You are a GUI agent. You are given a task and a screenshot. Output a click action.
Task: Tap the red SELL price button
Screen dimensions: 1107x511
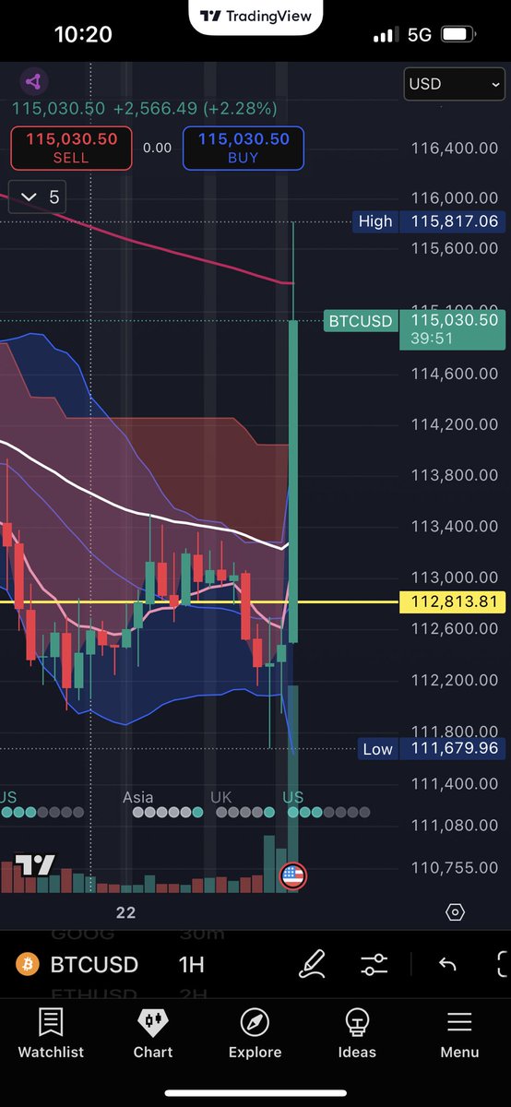(71, 148)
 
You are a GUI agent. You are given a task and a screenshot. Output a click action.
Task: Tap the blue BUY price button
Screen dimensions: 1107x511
(244, 148)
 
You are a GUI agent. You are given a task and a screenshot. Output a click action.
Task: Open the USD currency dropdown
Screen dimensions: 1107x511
(455, 84)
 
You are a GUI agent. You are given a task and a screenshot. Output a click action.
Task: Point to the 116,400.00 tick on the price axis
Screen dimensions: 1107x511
(455, 149)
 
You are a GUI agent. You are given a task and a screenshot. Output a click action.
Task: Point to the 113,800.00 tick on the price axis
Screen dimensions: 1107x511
(455, 475)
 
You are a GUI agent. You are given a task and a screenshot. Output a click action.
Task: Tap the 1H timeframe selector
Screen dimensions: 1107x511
(192, 965)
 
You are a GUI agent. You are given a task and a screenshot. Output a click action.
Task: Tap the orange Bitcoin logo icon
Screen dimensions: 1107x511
(28, 965)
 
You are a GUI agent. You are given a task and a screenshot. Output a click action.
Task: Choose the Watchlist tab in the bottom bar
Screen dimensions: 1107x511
(51, 1033)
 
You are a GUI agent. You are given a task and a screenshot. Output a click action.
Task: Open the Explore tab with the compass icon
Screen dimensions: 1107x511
(255, 1033)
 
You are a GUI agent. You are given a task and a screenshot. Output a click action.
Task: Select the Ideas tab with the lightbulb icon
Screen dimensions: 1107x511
(357, 1033)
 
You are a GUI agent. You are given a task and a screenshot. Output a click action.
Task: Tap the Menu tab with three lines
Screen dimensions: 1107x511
(459, 1033)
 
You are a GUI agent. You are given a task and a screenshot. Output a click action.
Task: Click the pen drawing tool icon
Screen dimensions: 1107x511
(313, 965)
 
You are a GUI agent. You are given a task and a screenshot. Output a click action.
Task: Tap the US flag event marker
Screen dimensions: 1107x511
(292, 876)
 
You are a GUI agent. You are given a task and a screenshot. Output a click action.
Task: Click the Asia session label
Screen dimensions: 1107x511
(138, 797)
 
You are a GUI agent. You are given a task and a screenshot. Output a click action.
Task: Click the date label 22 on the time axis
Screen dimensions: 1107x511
(125, 912)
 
